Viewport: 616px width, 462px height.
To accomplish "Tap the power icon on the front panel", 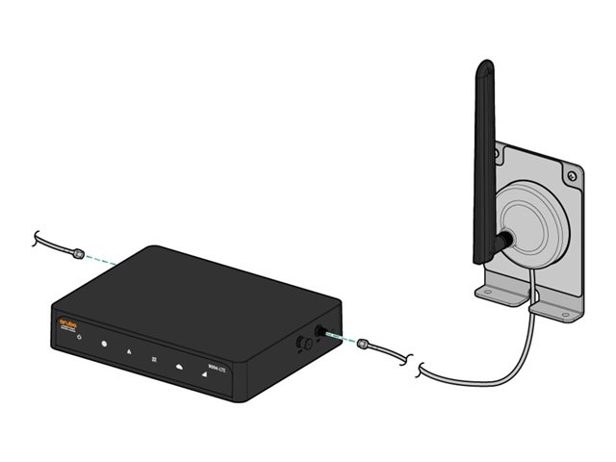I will (79, 339).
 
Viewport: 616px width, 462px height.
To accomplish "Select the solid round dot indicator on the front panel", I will (104, 345).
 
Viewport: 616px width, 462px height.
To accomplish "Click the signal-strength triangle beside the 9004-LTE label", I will (204, 372).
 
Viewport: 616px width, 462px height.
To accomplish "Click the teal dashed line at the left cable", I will (100, 258).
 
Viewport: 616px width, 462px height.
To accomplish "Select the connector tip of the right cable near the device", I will (364, 343).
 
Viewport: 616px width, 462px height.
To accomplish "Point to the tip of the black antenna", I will (485, 67).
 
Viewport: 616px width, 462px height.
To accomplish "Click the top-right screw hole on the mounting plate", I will (571, 176).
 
